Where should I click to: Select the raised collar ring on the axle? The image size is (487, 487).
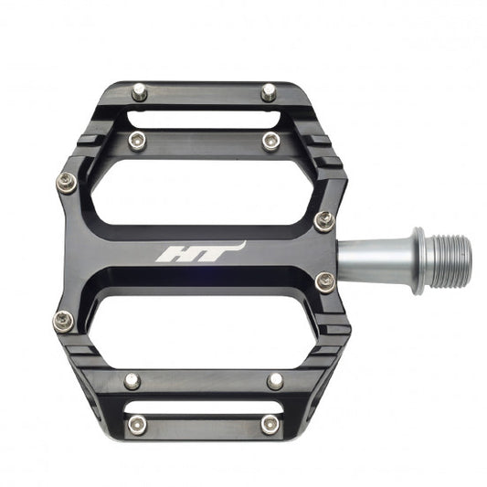pyautogui.click(x=418, y=260)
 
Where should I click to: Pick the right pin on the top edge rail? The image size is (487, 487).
pyautogui.click(x=269, y=91)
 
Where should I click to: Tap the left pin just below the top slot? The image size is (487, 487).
pyautogui.click(x=137, y=140)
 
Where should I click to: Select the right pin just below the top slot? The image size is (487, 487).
pyautogui.click(x=270, y=141)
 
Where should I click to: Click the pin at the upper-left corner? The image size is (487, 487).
pyautogui.click(x=66, y=182)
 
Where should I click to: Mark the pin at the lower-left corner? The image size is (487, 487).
pyautogui.click(x=63, y=320)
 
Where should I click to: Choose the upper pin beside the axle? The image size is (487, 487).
pyautogui.click(x=324, y=221)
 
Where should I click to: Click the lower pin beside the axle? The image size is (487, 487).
pyautogui.click(x=324, y=282)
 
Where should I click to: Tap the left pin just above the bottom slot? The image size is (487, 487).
pyautogui.click(x=133, y=381)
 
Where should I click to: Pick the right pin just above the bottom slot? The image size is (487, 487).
pyautogui.click(x=275, y=381)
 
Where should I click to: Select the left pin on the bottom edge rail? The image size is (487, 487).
pyautogui.click(x=137, y=425)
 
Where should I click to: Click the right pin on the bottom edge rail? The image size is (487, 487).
pyautogui.click(x=270, y=425)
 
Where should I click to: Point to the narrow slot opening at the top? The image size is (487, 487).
pyautogui.click(x=203, y=117)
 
